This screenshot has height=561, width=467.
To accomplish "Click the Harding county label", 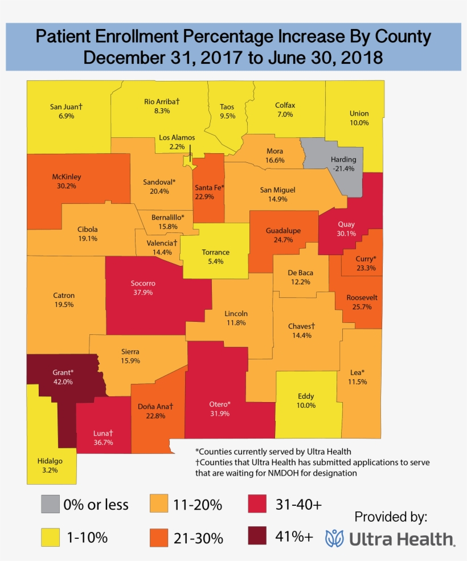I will (x=343, y=159).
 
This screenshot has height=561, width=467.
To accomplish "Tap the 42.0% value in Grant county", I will (x=63, y=382).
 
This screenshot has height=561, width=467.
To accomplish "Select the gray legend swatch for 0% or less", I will (x=50, y=504).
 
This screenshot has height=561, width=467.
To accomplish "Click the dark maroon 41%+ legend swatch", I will (x=257, y=537).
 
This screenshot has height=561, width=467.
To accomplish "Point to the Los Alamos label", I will (x=177, y=137).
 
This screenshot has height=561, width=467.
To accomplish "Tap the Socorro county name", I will (x=142, y=283).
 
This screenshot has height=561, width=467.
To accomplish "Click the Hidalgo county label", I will (x=51, y=461).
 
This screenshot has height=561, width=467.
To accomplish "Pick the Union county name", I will (x=359, y=113).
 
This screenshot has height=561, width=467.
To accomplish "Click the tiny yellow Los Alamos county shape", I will (x=189, y=162).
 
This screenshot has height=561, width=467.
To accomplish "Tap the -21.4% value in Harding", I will (x=343, y=169).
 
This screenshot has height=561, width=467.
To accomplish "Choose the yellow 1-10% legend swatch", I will (x=50, y=537).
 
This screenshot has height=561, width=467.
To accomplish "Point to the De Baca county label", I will (x=301, y=273).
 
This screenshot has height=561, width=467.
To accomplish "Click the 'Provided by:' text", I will (x=390, y=517).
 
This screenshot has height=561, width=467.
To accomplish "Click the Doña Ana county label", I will (x=155, y=407).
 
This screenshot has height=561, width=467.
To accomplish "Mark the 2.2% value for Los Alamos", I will (x=177, y=146).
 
